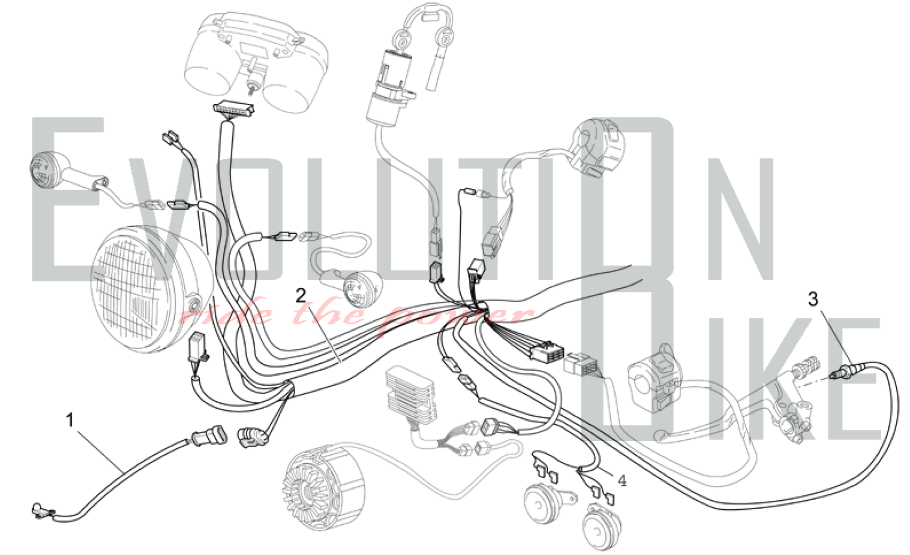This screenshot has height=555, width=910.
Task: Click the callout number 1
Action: coord(70,420)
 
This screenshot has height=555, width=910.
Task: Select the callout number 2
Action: coord(301,296)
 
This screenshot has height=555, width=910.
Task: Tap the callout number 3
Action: coord(813,299)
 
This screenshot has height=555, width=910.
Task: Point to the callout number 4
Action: coord(622,480)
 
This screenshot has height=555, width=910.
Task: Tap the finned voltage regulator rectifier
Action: coord(409,396)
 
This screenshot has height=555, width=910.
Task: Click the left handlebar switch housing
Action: coord(598,146)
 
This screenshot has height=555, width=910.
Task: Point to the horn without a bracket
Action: coord(601,525)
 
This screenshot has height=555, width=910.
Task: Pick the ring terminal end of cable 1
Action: coord(40,511)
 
